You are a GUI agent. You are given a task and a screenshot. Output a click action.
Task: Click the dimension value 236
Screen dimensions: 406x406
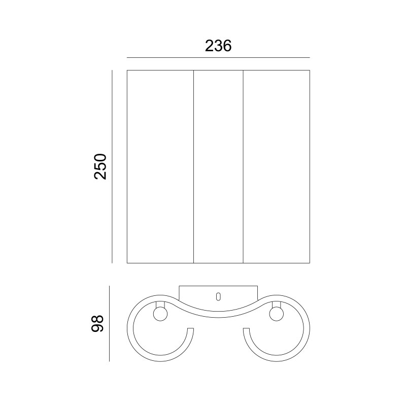(218, 46)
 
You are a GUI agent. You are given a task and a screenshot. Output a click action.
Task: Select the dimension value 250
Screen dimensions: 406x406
(100, 167)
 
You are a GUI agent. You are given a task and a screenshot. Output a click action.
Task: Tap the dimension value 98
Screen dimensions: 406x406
(97, 323)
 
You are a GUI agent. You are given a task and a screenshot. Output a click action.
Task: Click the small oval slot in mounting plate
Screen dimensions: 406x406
(218, 296)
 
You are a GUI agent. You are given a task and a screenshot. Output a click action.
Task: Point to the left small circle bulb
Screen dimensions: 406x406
(160, 314)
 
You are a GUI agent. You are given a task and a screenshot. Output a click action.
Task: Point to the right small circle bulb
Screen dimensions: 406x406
(276, 314)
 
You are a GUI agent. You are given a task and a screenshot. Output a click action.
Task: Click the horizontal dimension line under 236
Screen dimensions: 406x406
(218, 57)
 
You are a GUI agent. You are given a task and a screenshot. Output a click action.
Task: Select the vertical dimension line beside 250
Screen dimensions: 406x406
(112, 166)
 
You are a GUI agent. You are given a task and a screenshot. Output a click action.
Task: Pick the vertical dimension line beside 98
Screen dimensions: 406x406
(109, 323)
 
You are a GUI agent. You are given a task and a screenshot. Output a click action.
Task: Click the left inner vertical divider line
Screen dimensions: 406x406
(194, 166)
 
